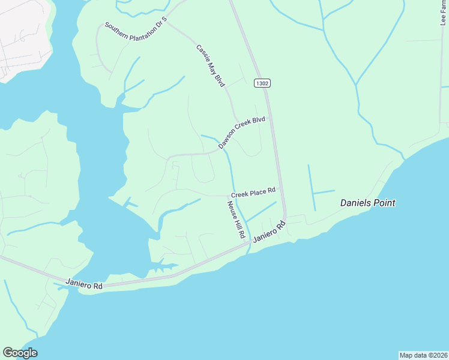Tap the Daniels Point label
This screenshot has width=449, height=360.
click(x=367, y=203)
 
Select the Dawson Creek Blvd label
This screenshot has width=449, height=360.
click(x=241, y=133)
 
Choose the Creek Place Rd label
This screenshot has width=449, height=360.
click(x=253, y=193)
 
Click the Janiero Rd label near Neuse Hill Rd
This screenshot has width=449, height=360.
click(x=268, y=231)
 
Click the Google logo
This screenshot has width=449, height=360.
click(x=20, y=353)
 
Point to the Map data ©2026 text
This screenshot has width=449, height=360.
click(x=423, y=355)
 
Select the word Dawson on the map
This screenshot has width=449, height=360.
click(x=227, y=141)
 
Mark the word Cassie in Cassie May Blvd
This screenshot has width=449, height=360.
click(x=202, y=55)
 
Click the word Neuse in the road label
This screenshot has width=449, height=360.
click(x=231, y=208)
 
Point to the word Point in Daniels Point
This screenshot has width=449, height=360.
click(x=383, y=203)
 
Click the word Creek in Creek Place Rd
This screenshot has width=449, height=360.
click(x=240, y=194)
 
